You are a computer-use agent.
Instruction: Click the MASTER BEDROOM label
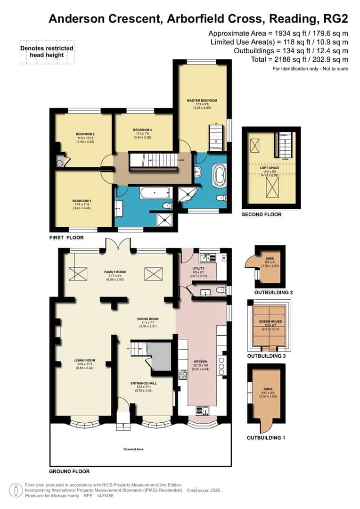tap(202, 100)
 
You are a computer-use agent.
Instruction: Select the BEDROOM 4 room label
tap(142, 130)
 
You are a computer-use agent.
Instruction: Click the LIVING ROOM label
tap(85, 361)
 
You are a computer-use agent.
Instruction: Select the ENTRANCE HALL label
tap(144, 383)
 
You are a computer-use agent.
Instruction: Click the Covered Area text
tap(133, 449)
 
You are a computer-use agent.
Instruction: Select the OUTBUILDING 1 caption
tap(266, 438)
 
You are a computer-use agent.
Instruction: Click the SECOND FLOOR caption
tap(262, 214)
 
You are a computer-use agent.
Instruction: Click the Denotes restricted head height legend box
tap(47, 52)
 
